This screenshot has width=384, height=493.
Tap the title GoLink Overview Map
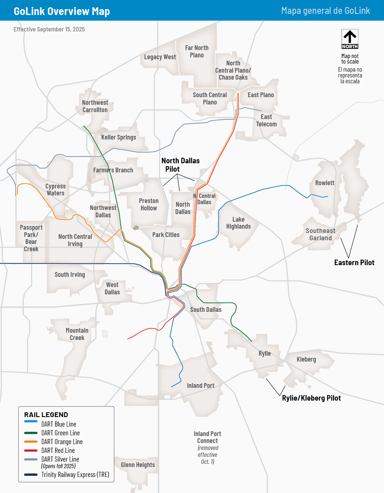(x=62, y=11)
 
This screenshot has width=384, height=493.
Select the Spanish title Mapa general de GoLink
(x=325, y=11)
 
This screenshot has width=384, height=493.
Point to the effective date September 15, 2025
(x=49, y=30)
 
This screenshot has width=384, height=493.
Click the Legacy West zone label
(x=160, y=57)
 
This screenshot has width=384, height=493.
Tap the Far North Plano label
(x=197, y=51)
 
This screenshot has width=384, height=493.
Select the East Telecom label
(x=266, y=121)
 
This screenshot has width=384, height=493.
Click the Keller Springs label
(x=118, y=137)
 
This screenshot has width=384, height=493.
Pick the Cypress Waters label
(x=56, y=190)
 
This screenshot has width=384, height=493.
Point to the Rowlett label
(x=325, y=183)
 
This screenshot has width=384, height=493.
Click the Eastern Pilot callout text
(x=354, y=263)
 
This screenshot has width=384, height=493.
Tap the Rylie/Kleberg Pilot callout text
(x=311, y=398)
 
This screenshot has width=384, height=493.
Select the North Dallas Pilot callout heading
(x=180, y=165)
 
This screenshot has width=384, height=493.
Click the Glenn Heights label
(x=138, y=465)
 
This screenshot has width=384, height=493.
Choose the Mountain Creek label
(x=77, y=334)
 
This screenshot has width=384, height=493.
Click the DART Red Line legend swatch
(x=31, y=451)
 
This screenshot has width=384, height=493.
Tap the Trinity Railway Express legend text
(x=75, y=475)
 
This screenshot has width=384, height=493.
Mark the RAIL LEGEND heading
(x=46, y=415)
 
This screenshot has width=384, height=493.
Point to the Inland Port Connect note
(x=207, y=447)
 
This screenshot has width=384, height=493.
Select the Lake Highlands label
(x=238, y=223)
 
